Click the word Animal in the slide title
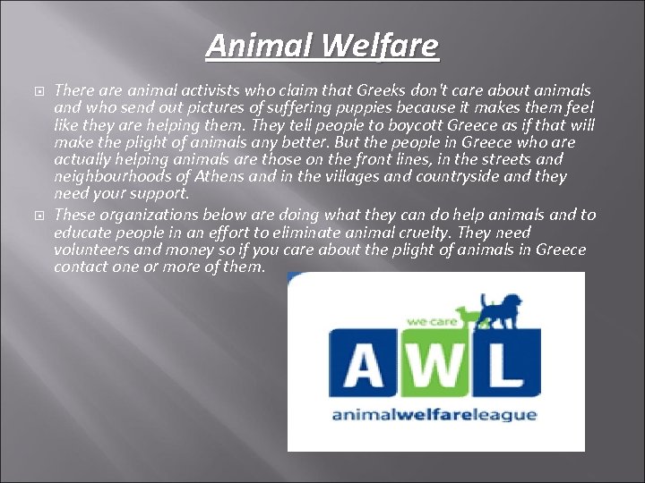pos(259,45)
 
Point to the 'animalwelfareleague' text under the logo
pos(435,414)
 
